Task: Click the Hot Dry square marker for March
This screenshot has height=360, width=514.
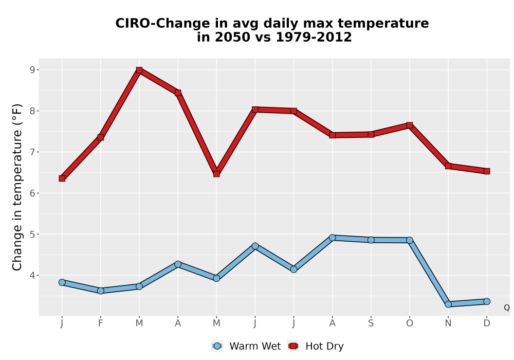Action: [139, 70]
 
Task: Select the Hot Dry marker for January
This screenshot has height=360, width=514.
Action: [62, 178]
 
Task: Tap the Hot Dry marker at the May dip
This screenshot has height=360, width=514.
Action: [216, 174]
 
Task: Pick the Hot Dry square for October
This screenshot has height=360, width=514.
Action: [410, 125]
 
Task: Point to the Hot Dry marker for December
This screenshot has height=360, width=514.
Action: [487, 171]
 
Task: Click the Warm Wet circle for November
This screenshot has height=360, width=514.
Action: [448, 304]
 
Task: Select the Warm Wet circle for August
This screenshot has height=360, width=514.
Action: [333, 238]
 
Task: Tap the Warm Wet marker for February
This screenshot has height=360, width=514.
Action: [101, 291]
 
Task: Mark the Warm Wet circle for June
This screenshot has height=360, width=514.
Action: [255, 246]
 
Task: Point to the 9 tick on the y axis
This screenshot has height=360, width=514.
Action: [32, 70]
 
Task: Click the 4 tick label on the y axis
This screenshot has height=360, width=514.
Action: [32, 276]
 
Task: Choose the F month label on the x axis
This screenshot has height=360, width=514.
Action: [101, 323]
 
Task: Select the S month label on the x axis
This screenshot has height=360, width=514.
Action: [371, 323]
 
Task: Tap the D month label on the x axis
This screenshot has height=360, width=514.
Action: [487, 323]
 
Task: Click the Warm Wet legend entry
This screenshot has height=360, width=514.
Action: [246, 346]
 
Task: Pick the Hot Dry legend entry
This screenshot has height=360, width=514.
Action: [316, 346]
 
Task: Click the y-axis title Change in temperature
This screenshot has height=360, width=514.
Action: [17, 187]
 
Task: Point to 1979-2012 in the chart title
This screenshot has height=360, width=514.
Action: [314, 37]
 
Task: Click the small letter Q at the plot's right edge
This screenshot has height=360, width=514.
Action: [507, 308]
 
